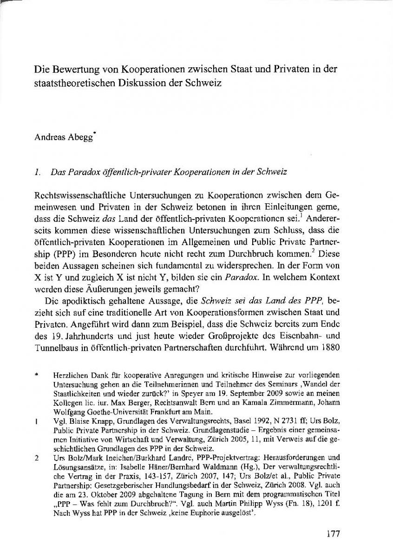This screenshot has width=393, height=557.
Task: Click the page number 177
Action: [333, 534]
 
